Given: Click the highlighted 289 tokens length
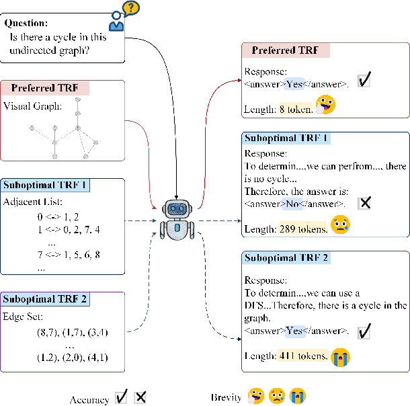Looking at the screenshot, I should point(302,229).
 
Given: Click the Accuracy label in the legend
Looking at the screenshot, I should point(89,399).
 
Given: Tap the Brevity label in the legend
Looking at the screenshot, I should point(226,398).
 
